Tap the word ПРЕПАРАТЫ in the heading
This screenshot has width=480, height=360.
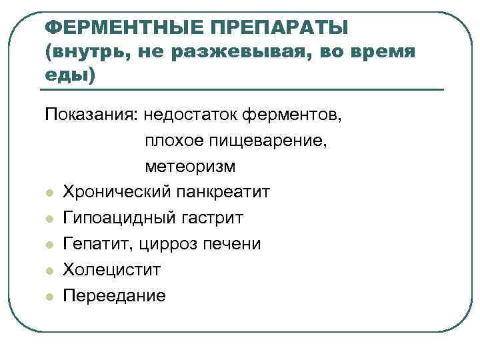[279, 28]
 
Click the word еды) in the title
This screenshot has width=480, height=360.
[70, 75]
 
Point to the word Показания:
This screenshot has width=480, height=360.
[90, 115]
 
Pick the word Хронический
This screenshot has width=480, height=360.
[117, 192]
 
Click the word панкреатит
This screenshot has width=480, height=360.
[223, 192]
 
